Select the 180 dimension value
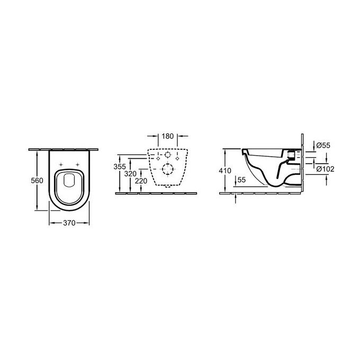pyautogui.click(x=168, y=137)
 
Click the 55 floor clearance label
pyautogui.click(x=241, y=180)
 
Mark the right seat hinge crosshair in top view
pyautogui.click(x=77, y=163)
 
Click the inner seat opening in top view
pyautogui.click(x=69, y=183)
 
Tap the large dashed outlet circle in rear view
pyautogui.click(x=168, y=170)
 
